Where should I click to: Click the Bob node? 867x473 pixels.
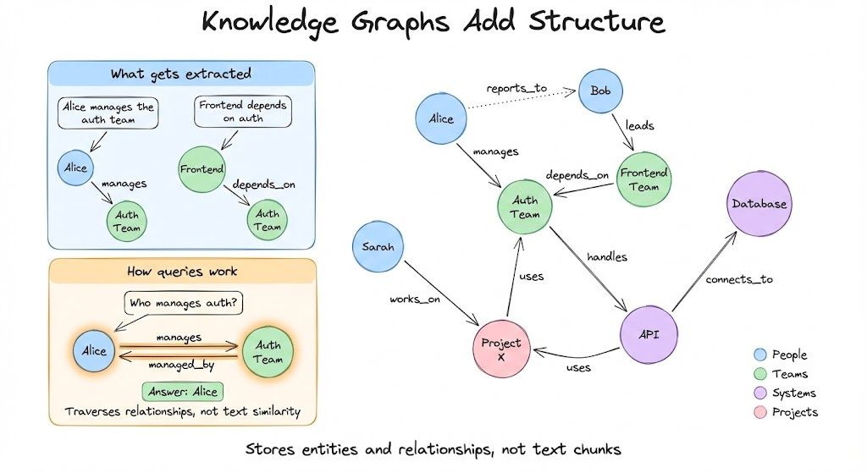[x=601, y=91]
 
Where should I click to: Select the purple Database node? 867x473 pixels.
[x=759, y=204]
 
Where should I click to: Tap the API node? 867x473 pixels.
[x=651, y=334]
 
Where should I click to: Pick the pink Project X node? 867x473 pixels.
[x=501, y=350]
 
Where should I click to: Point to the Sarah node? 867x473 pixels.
[x=378, y=247]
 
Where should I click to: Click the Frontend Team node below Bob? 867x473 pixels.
[x=644, y=179]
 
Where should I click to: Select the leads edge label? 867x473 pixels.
[x=639, y=124]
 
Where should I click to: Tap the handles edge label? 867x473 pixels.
[x=606, y=256]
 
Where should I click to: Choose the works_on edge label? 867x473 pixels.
[x=416, y=299]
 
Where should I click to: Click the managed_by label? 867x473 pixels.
[x=179, y=365]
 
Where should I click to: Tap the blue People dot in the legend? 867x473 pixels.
[x=759, y=355]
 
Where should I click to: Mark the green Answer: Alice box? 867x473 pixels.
[x=182, y=391]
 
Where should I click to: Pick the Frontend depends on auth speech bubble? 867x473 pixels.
[x=242, y=112]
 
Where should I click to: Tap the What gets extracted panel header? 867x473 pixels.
[x=181, y=74]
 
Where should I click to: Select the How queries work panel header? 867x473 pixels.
[x=182, y=272]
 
